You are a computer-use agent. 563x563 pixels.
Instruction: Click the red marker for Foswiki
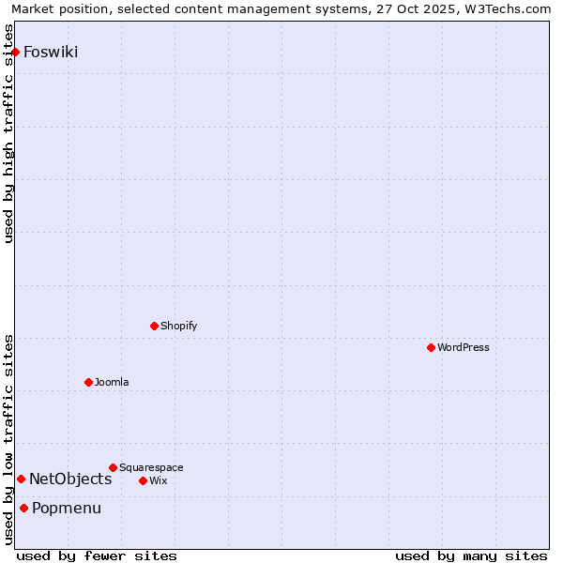(16, 52)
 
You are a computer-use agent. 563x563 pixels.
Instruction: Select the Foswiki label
(51, 52)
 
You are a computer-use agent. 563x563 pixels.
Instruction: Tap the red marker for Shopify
(154, 326)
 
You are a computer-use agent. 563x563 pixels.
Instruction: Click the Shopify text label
(178, 326)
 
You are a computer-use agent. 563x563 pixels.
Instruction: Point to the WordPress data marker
(431, 347)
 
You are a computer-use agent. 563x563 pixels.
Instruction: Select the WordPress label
(463, 347)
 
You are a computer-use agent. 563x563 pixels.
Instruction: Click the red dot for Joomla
(88, 382)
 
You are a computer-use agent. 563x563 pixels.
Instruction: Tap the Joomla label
(112, 382)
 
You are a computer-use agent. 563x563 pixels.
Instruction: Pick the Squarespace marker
(113, 467)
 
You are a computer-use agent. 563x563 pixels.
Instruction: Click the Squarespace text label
(151, 467)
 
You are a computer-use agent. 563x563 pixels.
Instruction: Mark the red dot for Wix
(143, 480)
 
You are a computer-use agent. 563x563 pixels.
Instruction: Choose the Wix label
(158, 480)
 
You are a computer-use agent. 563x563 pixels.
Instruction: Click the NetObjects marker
(21, 479)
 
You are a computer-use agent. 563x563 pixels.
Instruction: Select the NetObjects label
(70, 479)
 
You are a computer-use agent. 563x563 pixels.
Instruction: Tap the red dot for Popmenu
(23, 508)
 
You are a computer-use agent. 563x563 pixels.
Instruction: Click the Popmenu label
(67, 509)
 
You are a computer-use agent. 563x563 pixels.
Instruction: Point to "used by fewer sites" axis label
(97, 555)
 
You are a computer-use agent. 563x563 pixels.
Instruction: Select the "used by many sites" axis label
(471, 555)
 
